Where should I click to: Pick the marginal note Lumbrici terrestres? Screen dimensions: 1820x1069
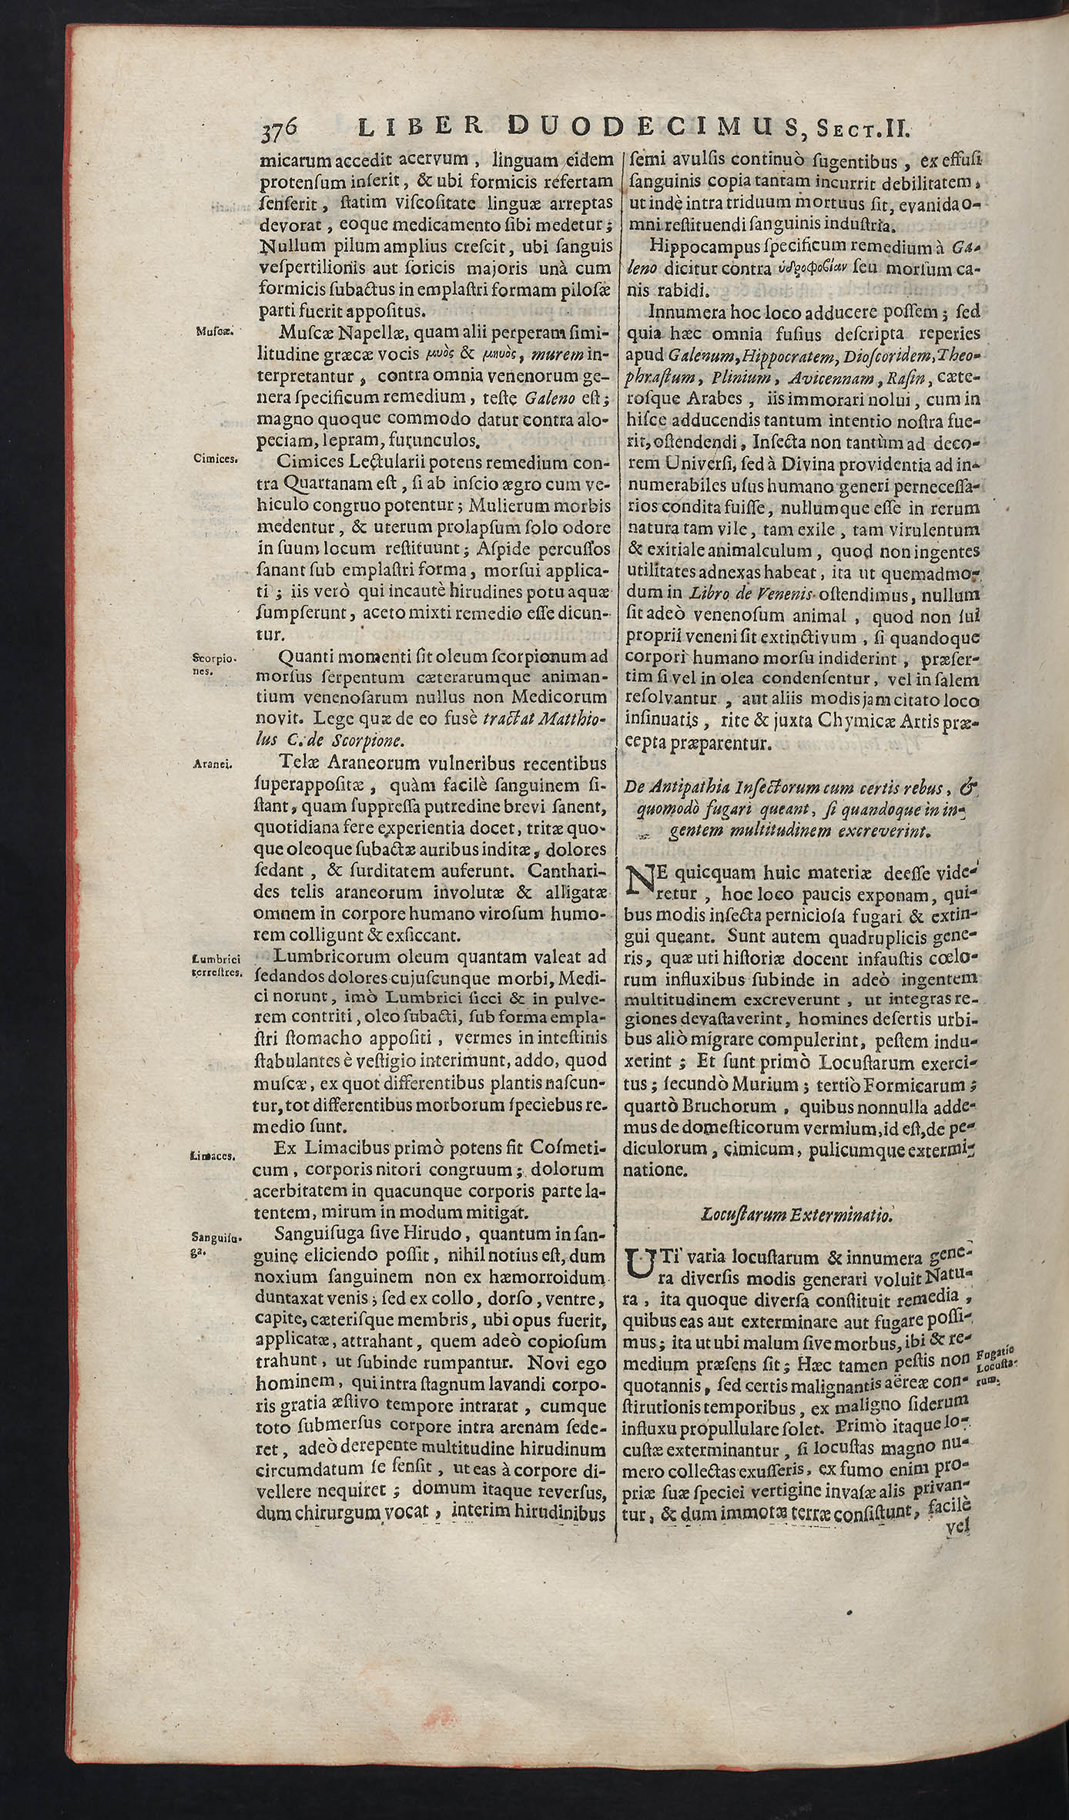(217, 965)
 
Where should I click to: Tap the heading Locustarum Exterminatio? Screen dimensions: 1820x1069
(796, 1215)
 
